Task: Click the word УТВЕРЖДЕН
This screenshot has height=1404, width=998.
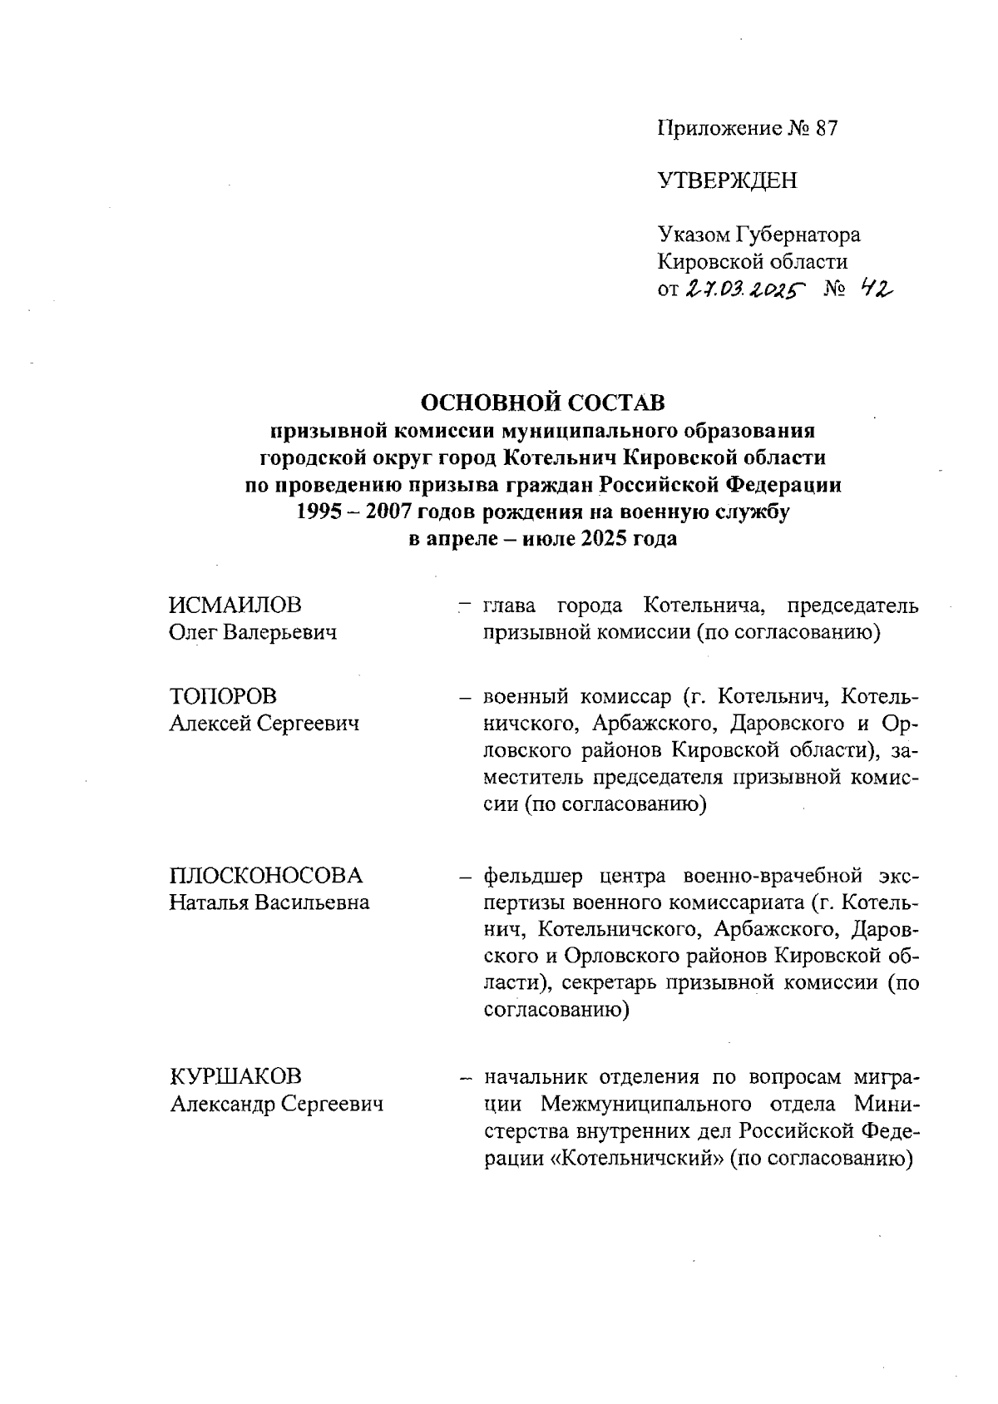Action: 727,180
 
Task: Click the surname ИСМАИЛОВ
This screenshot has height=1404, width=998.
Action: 235,605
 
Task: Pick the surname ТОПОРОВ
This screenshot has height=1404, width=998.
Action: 224,696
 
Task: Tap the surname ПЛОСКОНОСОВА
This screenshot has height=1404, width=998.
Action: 266,875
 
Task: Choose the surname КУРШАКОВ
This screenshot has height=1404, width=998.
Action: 235,1077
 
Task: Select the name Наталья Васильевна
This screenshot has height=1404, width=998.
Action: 269,902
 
